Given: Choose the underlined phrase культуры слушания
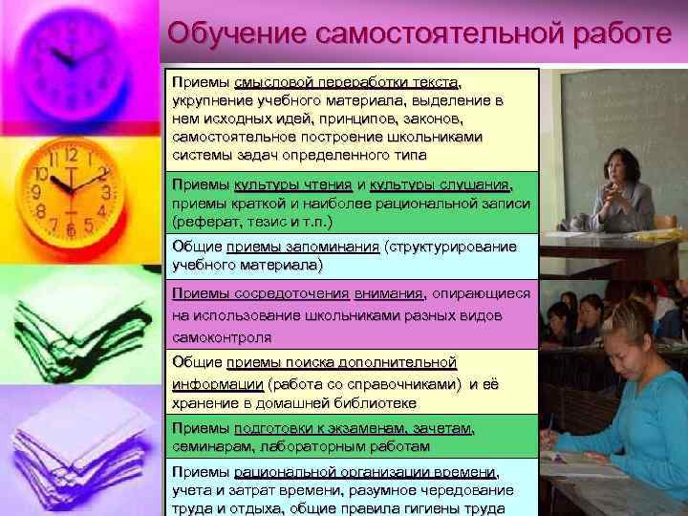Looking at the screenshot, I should click(x=440, y=185).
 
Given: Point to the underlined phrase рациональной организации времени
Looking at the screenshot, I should click(x=364, y=472).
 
